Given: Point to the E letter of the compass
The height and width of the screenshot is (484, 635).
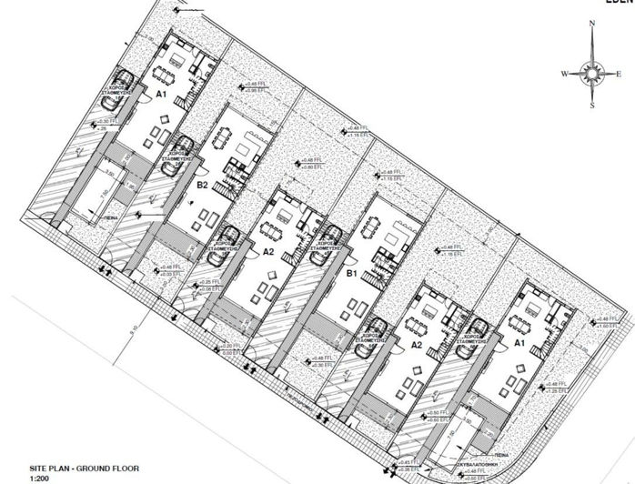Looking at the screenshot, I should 621,74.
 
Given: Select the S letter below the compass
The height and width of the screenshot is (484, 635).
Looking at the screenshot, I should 593,106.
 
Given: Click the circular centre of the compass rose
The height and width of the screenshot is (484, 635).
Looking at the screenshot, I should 593,73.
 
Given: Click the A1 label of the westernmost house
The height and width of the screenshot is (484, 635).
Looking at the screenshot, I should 161,94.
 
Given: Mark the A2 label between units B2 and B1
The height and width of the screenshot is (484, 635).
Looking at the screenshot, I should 267,251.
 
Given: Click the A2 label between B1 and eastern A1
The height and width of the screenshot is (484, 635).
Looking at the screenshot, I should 416,346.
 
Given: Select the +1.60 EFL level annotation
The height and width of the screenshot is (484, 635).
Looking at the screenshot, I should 603,327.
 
